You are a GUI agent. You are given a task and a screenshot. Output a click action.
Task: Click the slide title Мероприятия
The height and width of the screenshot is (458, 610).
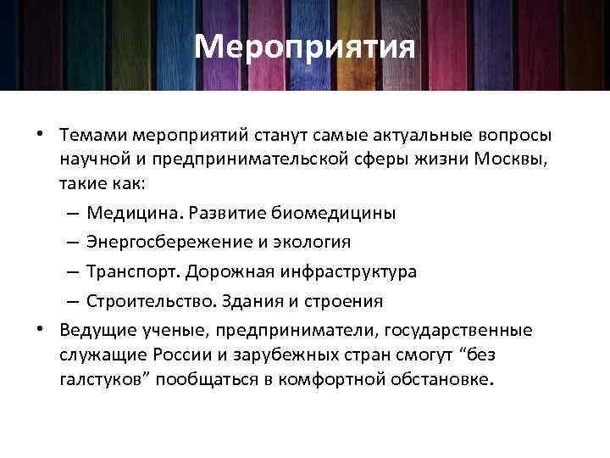(305, 47)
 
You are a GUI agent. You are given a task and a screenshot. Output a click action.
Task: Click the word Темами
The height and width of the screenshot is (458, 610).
(90, 136)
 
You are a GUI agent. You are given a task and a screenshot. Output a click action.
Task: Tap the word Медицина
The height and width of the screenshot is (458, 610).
(135, 212)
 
